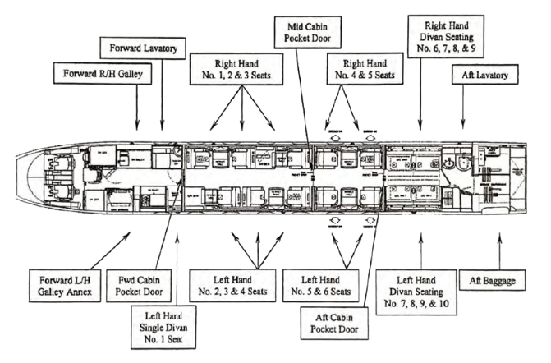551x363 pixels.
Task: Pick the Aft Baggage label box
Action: pos(499,281)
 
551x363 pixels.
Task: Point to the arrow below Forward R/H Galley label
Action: pos(138,111)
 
